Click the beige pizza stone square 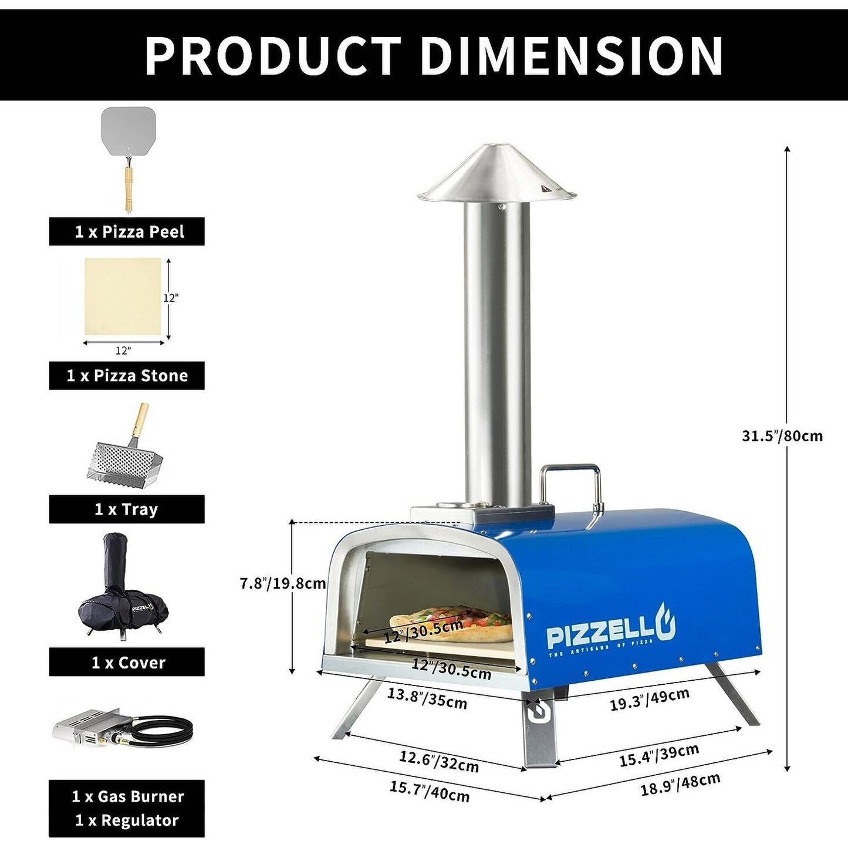pos(123,296)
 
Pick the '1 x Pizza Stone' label pos(127,376)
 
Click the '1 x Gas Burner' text pos(127,796)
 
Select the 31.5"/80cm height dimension pos(782,436)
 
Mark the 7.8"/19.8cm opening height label pos(283,583)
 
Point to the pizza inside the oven pos(452,624)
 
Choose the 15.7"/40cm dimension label pos(430,792)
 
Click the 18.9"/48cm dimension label pos(680,784)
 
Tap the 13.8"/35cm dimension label pos(427,698)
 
